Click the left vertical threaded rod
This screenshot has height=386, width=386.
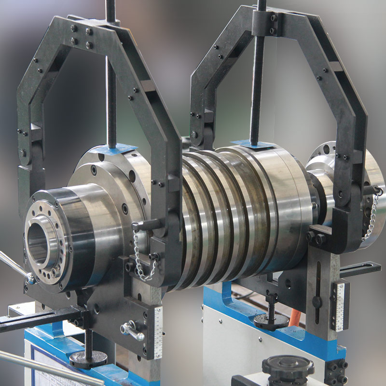[x=111, y=72]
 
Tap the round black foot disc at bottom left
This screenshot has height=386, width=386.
[x=88, y=358]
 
